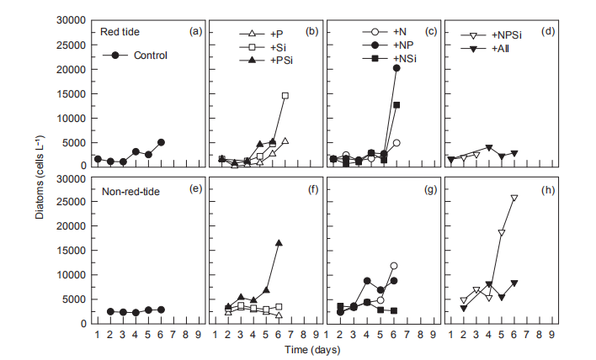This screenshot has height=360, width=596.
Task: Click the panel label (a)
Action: tap(195, 31)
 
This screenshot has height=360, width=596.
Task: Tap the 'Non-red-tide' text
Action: tap(133, 189)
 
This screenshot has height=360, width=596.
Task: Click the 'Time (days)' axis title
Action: tap(325, 349)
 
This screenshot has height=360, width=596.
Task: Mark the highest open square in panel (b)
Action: tap(285, 96)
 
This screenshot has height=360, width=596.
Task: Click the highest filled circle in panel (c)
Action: tap(396, 68)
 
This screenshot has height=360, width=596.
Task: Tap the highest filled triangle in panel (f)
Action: tap(279, 243)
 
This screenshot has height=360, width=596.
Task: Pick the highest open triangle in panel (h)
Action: tap(514, 199)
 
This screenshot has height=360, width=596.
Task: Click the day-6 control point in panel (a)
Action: tap(161, 142)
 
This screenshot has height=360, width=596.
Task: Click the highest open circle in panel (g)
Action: tap(394, 266)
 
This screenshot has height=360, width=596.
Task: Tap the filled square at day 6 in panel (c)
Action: tap(396, 105)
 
